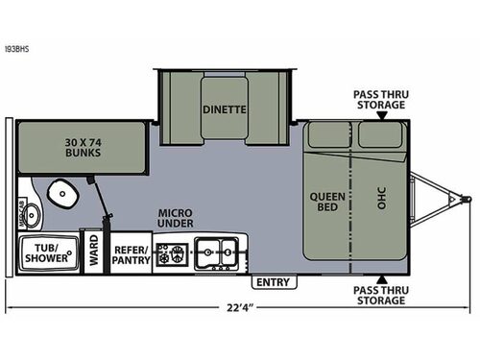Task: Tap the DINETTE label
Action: click(x=224, y=109)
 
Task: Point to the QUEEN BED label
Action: click(x=327, y=204)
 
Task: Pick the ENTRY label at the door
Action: click(x=272, y=282)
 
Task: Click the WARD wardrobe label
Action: click(x=94, y=252)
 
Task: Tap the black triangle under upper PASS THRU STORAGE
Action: click(x=381, y=115)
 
